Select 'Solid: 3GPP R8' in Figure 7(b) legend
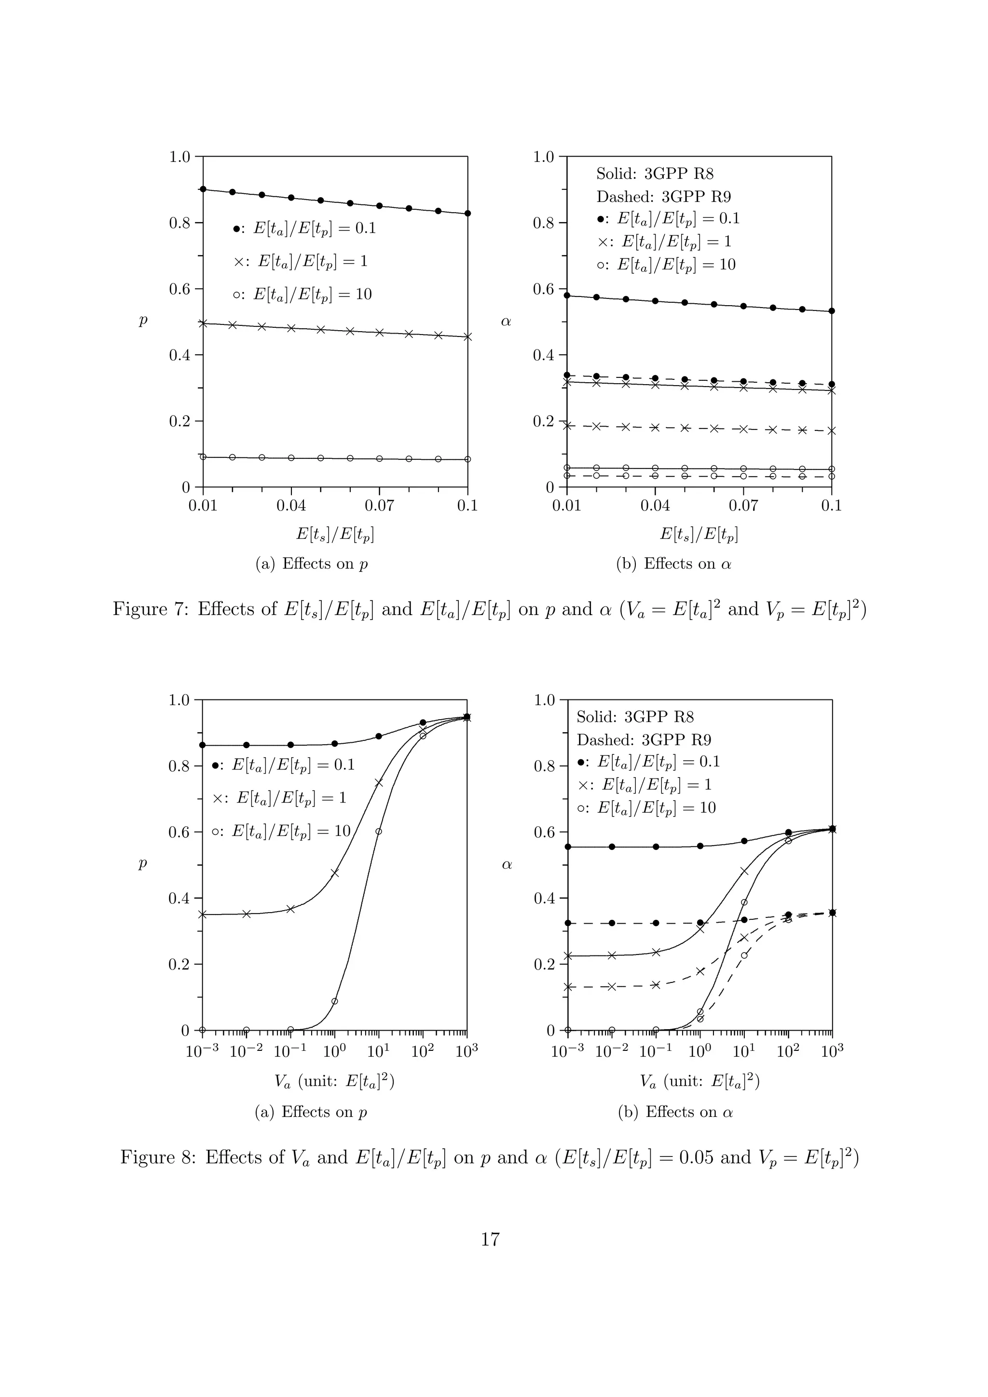point(655,174)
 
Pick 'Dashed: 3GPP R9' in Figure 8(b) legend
point(644,740)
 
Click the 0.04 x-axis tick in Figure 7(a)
point(291,506)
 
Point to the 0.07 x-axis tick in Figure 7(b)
point(743,506)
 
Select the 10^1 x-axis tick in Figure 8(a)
point(378,1051)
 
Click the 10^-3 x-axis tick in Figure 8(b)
point(567,1051)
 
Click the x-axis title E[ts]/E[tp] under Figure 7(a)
point(335,535)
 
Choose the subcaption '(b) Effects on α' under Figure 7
point(674,564)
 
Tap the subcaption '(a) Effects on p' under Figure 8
point(311,1112)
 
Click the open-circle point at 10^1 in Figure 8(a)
point(378,832)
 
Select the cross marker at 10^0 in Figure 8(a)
point(334,873)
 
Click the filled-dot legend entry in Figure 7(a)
point(304,229)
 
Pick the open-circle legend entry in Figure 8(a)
point(281,831)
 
